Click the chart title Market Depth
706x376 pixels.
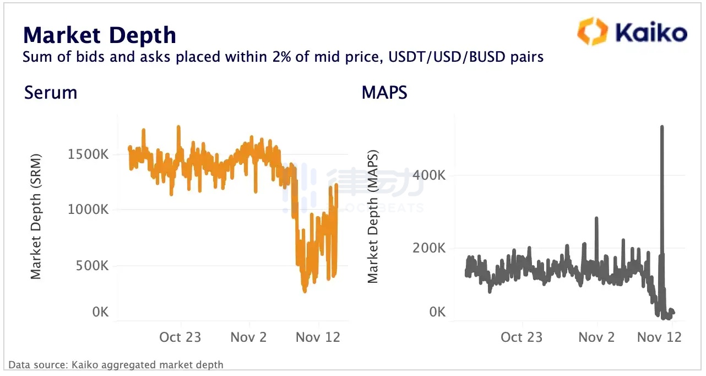[99, 35]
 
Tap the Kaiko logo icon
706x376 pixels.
[591, 31]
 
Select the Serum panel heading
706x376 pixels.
[51, 93]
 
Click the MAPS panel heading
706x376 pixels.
[384, 93]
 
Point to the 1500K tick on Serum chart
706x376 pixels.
[88, 154]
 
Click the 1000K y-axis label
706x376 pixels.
[88, 210]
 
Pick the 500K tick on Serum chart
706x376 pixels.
[91, 266]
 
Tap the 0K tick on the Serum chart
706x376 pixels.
[100, 312]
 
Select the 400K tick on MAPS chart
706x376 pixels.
[430, 176]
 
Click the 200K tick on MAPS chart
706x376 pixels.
[430, 248]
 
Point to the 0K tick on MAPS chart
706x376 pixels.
[437, 312]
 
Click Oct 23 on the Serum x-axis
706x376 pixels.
[180, 337]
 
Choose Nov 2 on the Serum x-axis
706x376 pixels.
[249, 337]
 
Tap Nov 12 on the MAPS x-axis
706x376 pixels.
[659, 337]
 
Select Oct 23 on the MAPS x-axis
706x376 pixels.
[522, 337]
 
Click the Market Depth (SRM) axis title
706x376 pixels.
[36, 216]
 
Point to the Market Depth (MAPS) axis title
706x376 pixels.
[373, 216]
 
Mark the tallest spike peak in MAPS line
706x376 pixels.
[661, 127]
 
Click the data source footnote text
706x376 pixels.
[116, 364]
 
